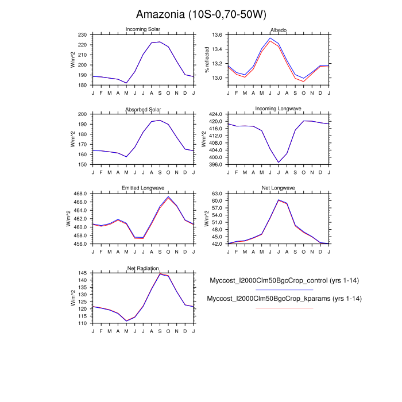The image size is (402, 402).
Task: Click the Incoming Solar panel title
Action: tap(143, 29)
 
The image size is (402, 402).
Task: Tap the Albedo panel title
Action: tap(279, 30)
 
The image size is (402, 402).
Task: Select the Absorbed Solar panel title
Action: tap(143, 109)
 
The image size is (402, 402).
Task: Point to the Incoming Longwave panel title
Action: tap(279, 109)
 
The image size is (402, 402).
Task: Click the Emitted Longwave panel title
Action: tap(143, 188)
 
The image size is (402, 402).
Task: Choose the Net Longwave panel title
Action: tap(279, 188)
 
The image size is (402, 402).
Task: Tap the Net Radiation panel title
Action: tap(143, 268)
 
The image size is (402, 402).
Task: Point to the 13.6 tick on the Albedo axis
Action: tap(217, 35)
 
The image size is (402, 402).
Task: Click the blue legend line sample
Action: tap(284, 290)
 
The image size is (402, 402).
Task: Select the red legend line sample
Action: tap(284, 308)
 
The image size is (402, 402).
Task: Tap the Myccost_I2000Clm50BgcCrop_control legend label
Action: tap(284, 280)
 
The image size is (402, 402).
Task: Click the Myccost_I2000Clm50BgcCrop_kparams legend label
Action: tap(284, 299)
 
